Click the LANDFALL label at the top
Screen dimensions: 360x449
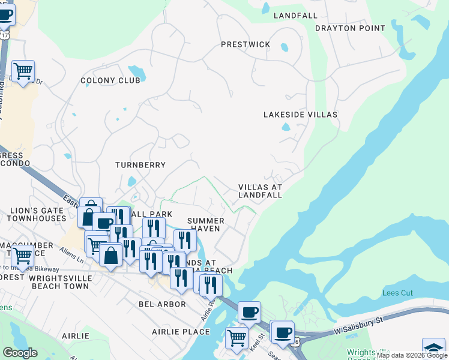[x=295, y=15]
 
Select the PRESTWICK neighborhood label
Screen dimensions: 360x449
[x=246, y=44]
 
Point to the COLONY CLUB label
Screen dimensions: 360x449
[x=110, y=80]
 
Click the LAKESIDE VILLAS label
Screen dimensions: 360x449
[x=300, y=114]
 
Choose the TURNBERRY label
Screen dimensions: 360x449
[x=140, y=164]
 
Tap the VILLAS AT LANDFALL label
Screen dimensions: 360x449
[x=260, y=191]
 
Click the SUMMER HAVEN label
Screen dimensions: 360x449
[x=206, y=224]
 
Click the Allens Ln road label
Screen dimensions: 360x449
[x=71, y=253]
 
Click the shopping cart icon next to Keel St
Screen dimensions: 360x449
[x=237, y=337]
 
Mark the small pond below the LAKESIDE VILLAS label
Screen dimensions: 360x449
[x=286, y=127]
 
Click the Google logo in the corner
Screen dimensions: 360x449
[x=20, y=353]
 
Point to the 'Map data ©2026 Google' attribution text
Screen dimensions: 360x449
[x=412, y=355]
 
